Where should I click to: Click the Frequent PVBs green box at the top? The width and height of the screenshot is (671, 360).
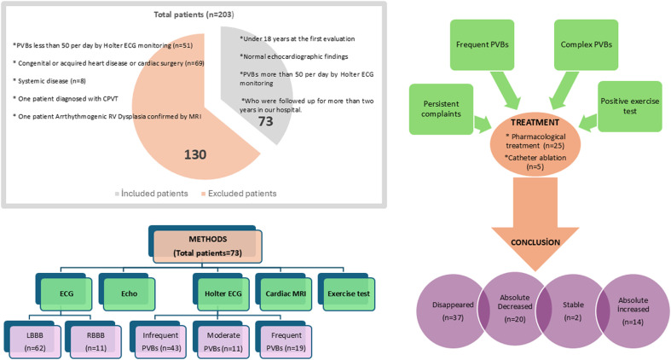coord(482,44)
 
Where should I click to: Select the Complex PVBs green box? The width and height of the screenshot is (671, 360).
coord(587,44)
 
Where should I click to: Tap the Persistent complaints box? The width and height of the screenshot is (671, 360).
coord(441,109)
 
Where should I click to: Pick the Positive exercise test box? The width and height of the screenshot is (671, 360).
coord(630,106)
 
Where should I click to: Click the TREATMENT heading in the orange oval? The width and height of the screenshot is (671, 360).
coord(535,123)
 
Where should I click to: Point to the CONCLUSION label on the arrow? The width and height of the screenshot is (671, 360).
coord(535,242)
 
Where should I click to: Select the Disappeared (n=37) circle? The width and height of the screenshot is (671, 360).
coord(453,311)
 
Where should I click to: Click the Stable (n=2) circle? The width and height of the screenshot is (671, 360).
coord(573,311)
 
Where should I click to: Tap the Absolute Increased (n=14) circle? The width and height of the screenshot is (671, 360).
coord(633,311)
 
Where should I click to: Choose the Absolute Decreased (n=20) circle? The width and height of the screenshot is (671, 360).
coord(515,308)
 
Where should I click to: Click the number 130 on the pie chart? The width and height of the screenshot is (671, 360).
coord(195,154)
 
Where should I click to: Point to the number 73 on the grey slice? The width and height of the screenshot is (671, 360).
coord(265,122)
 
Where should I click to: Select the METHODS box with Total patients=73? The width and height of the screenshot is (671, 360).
coord(207,247)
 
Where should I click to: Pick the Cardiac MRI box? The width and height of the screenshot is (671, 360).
coord(286,293)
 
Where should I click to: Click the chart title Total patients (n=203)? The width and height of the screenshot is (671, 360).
coord(194,15)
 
